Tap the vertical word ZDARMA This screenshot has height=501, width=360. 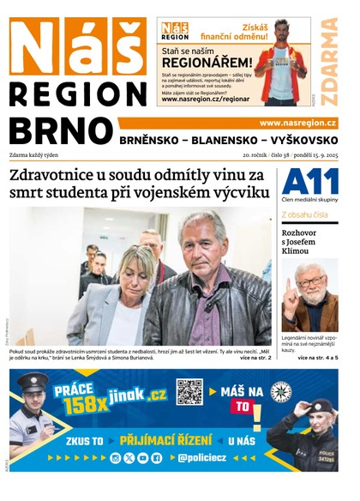click(x=328, y=61)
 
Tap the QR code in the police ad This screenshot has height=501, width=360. click(x=189, y=391)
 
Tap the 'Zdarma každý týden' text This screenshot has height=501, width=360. click(x=37, y=155)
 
